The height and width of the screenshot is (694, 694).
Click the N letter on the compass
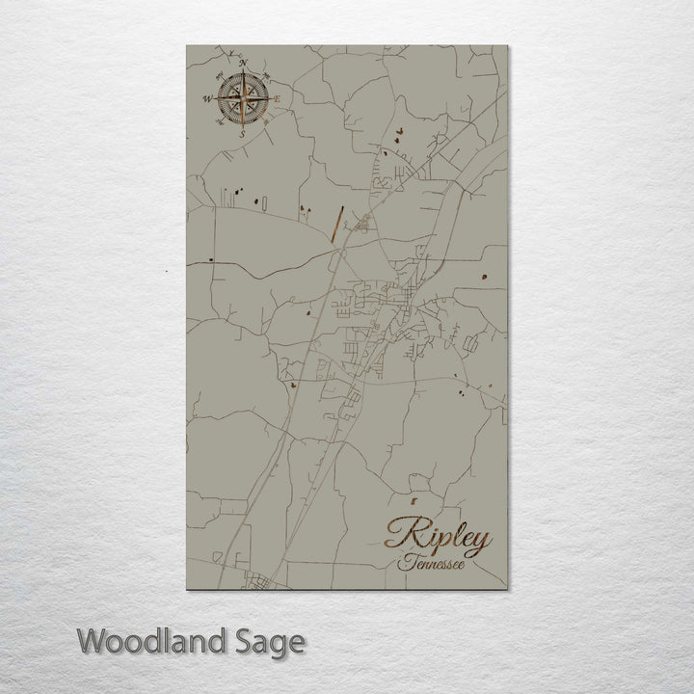[244, 65]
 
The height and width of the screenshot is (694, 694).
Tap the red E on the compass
[278, 99]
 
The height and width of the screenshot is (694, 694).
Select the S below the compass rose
[242, 135]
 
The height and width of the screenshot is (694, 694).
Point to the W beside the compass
[206, 98]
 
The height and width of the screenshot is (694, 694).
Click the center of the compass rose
[242, 98]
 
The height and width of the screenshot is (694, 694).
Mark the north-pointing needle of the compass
[243, 82]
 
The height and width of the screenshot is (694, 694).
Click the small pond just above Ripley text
[412, 502]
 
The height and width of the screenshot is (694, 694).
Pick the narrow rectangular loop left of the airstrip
[231, 197]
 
